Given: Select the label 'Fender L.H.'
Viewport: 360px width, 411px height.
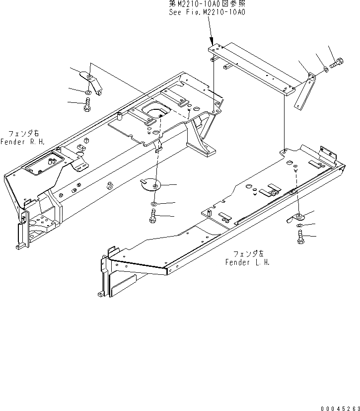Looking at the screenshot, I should (248, 262).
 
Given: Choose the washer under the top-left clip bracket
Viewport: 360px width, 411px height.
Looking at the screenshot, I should (88, 92).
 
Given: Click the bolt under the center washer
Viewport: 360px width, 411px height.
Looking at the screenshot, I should (152, 216).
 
